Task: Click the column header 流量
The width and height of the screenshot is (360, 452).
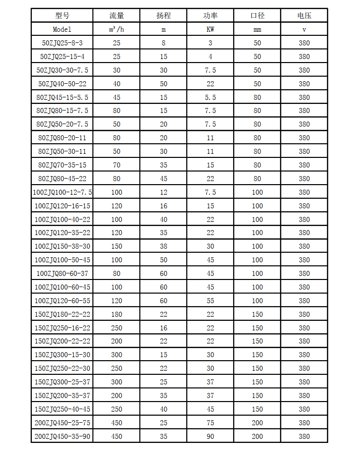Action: coord(117,16)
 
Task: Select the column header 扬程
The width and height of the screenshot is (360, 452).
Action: coord(164,16)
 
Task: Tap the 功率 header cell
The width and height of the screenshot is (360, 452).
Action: coord(211,16)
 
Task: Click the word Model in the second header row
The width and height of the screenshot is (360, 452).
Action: coord(63,29)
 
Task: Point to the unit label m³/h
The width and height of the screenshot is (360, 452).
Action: coord(117,29)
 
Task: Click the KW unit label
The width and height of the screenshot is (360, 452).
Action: coord(211,29)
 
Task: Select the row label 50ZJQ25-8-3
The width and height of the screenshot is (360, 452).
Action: coord(63,43)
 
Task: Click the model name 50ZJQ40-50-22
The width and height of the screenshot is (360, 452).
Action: coord(63,84)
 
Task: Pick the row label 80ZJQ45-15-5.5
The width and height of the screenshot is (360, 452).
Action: coord(63,97)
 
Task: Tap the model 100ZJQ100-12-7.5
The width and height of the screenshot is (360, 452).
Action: coord(63,192)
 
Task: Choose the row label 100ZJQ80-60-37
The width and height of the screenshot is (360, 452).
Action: coord(63,273)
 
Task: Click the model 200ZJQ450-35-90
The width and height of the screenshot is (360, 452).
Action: coord(63,436)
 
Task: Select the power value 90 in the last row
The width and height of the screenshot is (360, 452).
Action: coord(211,436)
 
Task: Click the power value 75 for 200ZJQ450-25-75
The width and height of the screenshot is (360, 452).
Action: coord(211,423)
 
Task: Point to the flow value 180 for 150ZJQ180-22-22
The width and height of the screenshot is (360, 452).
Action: coord(117,314)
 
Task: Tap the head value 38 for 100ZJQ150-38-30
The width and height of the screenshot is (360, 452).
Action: coord(164,246)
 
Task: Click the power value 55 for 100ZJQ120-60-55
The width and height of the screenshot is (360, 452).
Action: coord(211,301)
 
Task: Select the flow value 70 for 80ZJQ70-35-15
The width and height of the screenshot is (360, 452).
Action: coord(117,165)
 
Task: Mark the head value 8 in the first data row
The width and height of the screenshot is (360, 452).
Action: coord(164,43)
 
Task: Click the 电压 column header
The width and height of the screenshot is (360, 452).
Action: coord(304,16)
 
